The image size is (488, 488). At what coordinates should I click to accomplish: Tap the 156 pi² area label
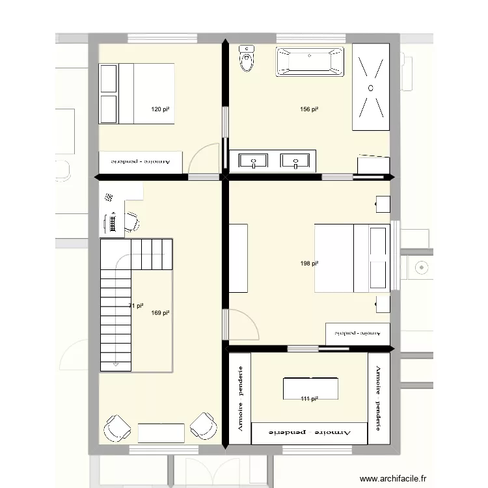click(309, 110)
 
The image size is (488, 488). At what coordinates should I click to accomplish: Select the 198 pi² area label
click(309, 264)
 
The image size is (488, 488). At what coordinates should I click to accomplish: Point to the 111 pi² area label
click(309, 399)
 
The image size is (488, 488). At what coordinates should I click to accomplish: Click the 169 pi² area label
click(160, 313)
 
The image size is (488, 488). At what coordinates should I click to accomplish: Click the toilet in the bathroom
click(247, 59)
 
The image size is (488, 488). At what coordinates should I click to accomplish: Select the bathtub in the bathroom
click(310, 62)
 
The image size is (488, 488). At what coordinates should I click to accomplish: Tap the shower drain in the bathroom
click(371, 87)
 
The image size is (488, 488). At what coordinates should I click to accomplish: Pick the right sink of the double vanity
click(295, 160)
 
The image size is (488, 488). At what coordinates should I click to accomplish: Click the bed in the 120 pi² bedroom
click(137, 93)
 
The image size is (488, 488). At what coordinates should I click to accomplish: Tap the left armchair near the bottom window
click(118, 427)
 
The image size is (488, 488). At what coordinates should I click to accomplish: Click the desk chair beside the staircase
click(132, 221)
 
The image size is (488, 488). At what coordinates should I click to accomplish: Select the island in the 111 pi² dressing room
click(311, 388)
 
